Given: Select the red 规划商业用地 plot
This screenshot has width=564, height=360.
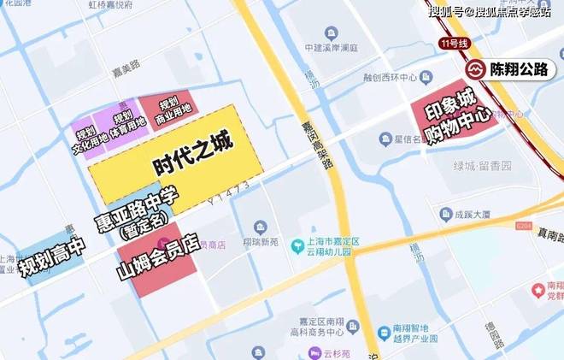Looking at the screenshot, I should point(168,107).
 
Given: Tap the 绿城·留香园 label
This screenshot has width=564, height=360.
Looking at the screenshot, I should point(479,164).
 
